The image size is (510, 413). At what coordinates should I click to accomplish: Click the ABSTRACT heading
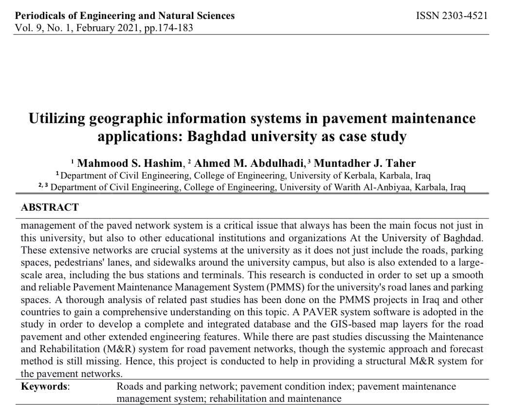point(50,207)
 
